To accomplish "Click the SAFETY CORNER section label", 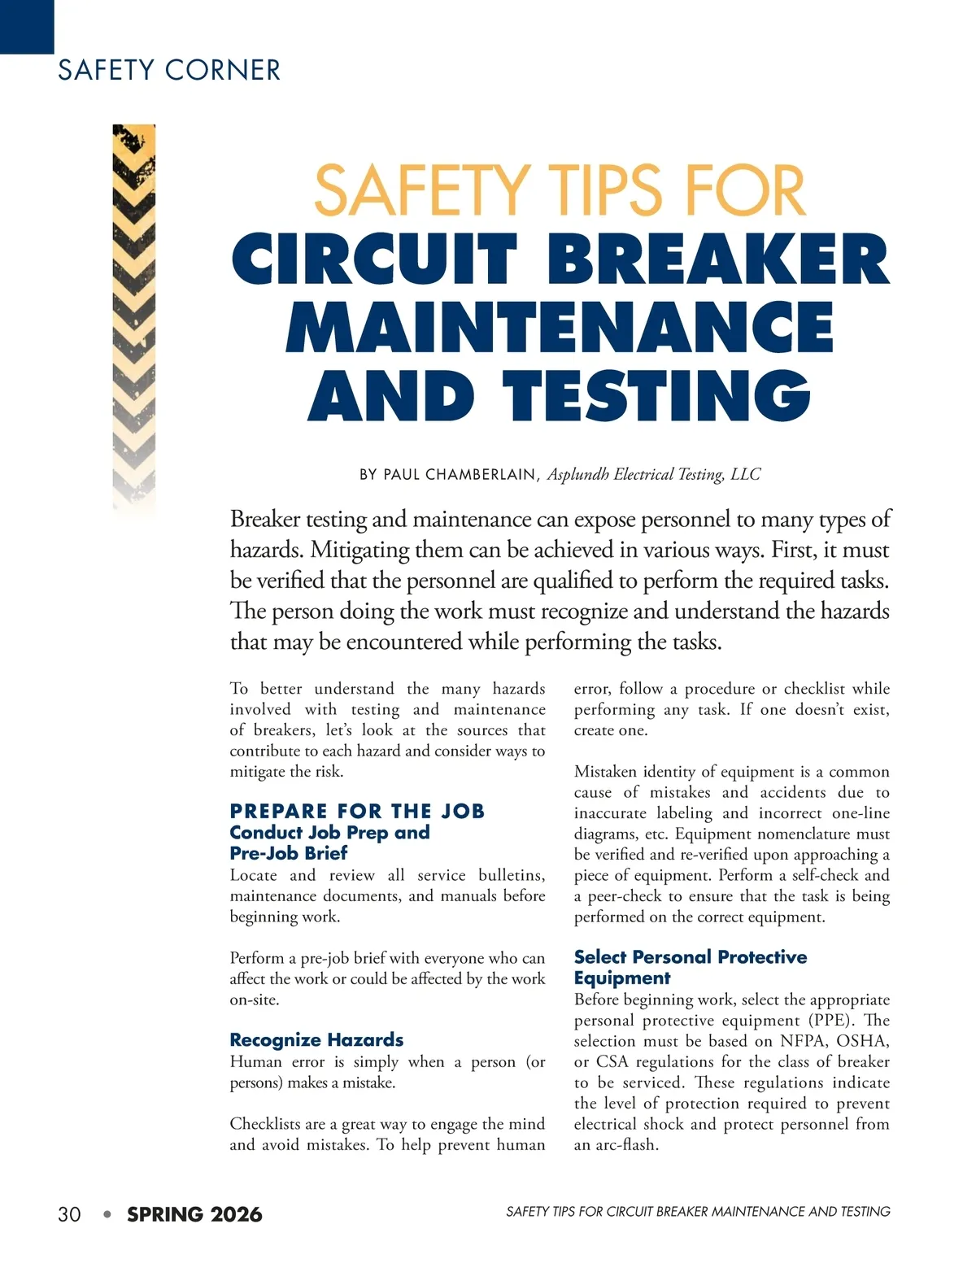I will (168, 70).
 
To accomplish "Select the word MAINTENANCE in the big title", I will (560, 328).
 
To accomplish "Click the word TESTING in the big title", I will (657, 396).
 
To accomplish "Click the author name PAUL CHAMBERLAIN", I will (460, 474).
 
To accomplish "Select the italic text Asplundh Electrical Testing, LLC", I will (654, 474).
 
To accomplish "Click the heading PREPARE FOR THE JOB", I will (357, 811).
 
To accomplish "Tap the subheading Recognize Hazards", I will (316, 1039).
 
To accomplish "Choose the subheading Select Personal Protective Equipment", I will (691, 967).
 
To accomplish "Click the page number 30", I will (69, 1214).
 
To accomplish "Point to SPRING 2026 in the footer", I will (194, 1214).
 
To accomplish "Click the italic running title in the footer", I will (698, 1212).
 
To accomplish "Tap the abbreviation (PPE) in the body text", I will (827, 1021).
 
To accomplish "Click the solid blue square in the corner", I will (27, 27).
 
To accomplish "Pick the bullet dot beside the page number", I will (107, 1214).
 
